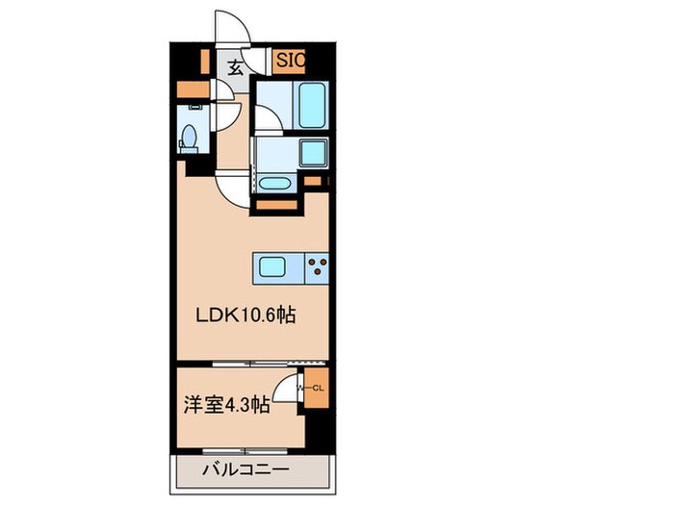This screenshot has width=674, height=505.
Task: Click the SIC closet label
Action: pyautogui.click(x=291, y=60)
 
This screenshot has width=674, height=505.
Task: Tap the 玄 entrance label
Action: pyautogui.click(x=236, y=66)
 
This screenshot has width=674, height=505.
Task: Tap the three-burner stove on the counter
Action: pyautogui.click(x=317, y=267)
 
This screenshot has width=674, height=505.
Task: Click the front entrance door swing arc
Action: pyautogui.click(x=232, y=29)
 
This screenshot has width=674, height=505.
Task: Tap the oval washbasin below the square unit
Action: pyautogui.click(x=274, y=183)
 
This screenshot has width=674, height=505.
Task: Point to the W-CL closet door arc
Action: pyautogui.click(x=286, y=388)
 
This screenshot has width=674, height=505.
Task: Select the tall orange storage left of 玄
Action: pyautogui.click(x=205, y=61)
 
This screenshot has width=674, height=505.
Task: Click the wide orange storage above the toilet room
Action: pyautogui.click(x=194, y=91)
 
